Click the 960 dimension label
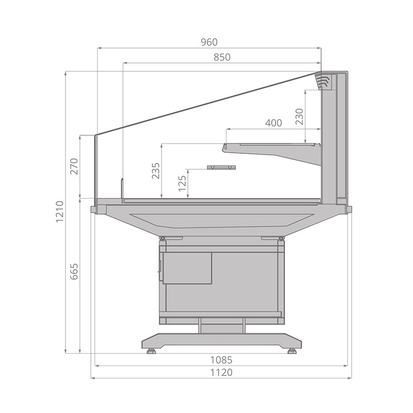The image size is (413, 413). [209, 42]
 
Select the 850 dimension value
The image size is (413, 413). [222, 57]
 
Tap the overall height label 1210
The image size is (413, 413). [60, 211]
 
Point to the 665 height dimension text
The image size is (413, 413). [74, 272]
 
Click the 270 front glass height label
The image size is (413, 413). [74, 166]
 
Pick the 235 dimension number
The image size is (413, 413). [156, 171]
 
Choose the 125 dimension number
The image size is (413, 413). [182, 183]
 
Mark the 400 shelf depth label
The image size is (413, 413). [274, 123]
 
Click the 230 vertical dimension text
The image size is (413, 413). [299, 117]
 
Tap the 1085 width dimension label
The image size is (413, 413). [221, 359]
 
